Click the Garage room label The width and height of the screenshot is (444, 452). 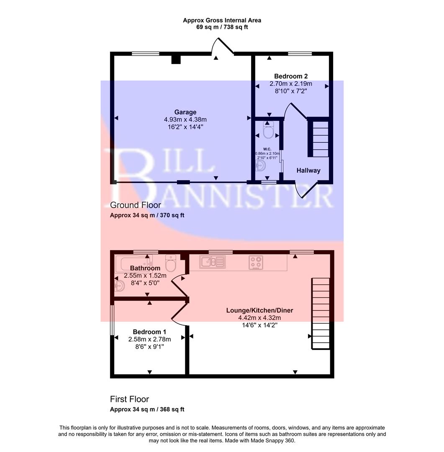point(185,112)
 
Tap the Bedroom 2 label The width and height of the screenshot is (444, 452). point(291,76)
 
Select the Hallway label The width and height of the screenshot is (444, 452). point(308,170)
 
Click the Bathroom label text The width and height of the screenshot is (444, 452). point(145,268)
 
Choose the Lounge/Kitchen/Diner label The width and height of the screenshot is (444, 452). point(259,311)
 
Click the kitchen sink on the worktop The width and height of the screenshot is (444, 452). point(212,262)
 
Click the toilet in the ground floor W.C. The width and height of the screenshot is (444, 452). point(268,131)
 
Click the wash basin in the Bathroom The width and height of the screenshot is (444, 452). point(119,286)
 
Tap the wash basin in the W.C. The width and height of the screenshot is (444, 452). point(260,167)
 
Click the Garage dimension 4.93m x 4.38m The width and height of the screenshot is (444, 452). point(185,119)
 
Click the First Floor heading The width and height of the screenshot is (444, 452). point(129,399)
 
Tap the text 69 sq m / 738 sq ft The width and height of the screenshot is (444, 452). point(222,27)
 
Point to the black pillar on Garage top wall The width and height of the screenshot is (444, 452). point(176,59)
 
